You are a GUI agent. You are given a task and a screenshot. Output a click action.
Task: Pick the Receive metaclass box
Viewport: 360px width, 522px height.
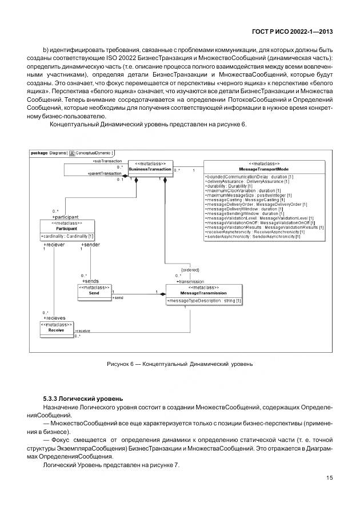click(x=56, y=328)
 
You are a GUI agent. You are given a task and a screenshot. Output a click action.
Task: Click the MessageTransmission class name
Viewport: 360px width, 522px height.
click(x=204, y=292)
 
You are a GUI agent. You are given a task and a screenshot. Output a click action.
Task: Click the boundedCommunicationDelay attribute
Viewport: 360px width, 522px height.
click(x=249, y=177)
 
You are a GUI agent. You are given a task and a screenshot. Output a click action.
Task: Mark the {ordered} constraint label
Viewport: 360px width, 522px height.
click(x=190, y=269)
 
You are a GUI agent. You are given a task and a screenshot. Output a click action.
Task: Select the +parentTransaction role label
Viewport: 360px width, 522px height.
click(x=105, y=173)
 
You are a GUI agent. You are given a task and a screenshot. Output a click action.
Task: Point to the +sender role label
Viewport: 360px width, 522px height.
click(x=90, y=244)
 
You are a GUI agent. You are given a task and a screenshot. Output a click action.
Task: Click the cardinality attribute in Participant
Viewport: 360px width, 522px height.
click(x=67, y=236)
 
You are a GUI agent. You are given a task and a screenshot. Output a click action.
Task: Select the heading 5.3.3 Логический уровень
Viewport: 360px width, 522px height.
click(x=83, y=398)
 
